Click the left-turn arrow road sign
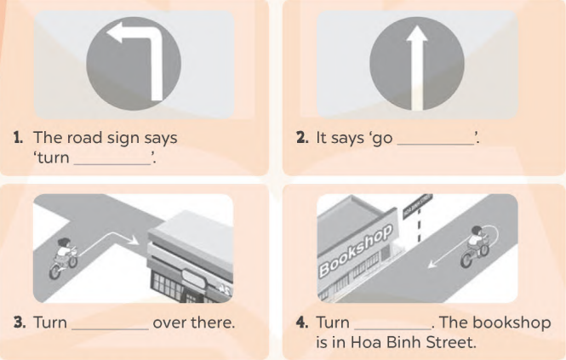pos(134,64)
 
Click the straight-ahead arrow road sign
pos(417,64)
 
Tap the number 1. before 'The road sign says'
pos(19,138)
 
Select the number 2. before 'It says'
pos(302,138)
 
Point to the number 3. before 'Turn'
pos(20,322)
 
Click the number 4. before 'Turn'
pos(302,322)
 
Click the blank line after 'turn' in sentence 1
pos(112,164)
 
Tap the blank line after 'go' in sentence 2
pos(436,144)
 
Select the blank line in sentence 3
pos(110,329)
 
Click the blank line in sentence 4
pos(392,329)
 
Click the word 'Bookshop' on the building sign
pos(356,250)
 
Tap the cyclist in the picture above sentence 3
pos(63,258)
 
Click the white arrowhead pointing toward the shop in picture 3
pos(134,240)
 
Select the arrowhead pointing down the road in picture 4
pos(432,264)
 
